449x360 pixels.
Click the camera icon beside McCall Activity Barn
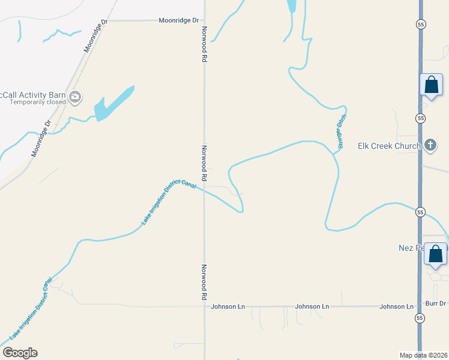[76, 97]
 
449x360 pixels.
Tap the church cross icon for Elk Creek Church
[430, 145]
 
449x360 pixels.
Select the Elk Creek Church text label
[388, 145]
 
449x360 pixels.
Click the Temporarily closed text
[38, 102]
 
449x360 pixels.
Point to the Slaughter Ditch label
[340, 132]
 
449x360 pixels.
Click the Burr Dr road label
[434, 304]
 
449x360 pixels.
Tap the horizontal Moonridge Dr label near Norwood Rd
[178, 20]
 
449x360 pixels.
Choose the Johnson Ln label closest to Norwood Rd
[228, 307]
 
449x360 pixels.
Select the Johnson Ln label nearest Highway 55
[396, 307]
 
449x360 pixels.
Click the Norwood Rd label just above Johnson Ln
[204, 282]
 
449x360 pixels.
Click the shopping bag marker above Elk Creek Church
[431, 85]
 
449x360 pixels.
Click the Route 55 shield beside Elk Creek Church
[420, 118]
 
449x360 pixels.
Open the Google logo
[20, 353]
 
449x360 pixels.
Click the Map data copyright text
[423, 355]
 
